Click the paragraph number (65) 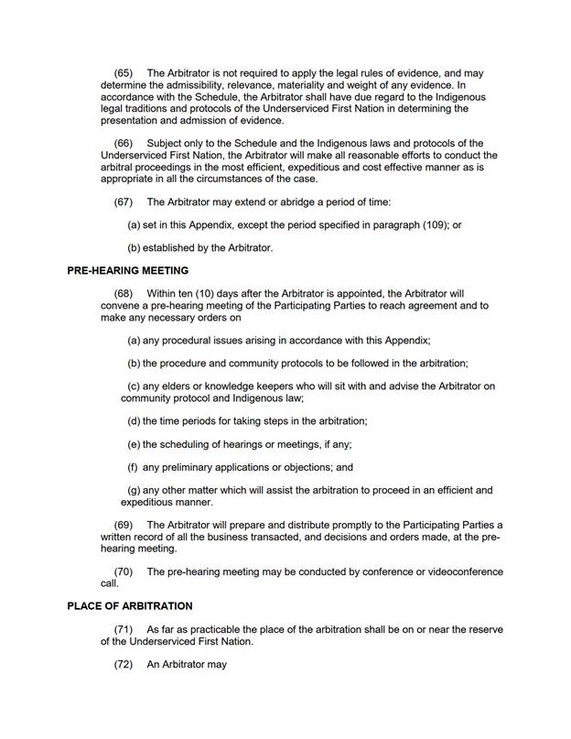click(x=124, y=73)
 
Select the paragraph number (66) click(x=124, y=143)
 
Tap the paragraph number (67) click(x=124, y=201)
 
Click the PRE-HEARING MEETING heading click(x=128, y=270)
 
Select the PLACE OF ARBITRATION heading click(x=130, y=606)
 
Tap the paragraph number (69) click(x=124, y=525)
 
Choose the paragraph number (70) click(x=124, y=571)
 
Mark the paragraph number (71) click(x=124, y=630)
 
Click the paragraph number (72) click(x=124, y=664)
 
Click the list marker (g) click(x=134, y=490)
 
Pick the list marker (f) click(x=133, y=467)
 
